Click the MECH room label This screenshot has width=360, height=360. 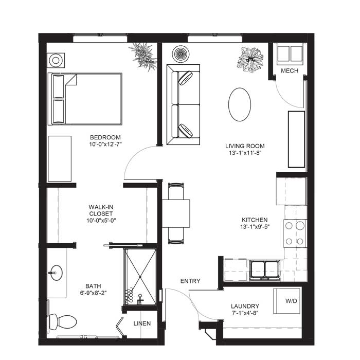click(x=290, y=71)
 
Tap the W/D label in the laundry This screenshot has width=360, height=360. click(x=291, y=301)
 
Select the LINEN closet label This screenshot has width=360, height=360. click(x=142, y=323)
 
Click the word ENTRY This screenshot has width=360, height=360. click(x=190, y=281)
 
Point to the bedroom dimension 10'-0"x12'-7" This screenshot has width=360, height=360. click(x=105, y=145)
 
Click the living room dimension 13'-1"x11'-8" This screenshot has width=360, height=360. click(x=245, y=153)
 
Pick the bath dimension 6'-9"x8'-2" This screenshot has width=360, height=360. click(x=93, y=293)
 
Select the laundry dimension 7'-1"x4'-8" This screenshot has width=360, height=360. click(x=245, y=313)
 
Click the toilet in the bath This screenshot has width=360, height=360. click(x=62, y=321)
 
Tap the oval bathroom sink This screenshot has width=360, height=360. click(x=57, y=273)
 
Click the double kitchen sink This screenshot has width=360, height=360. click(x=265, y=269)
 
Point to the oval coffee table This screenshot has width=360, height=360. click(x=240, y=104)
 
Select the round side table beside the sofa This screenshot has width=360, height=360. click(x=181, y=54)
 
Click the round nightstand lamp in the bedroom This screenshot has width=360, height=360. click(x=56, y=60)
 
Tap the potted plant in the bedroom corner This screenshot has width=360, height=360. click(x=143, y=56)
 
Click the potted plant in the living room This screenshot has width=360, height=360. click(x=250, y=60)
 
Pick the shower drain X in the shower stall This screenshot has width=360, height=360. click(x=140, y=277)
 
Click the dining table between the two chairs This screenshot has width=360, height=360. click(x=176, y=213)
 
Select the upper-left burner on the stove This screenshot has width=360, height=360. click(x=289, y=226)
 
